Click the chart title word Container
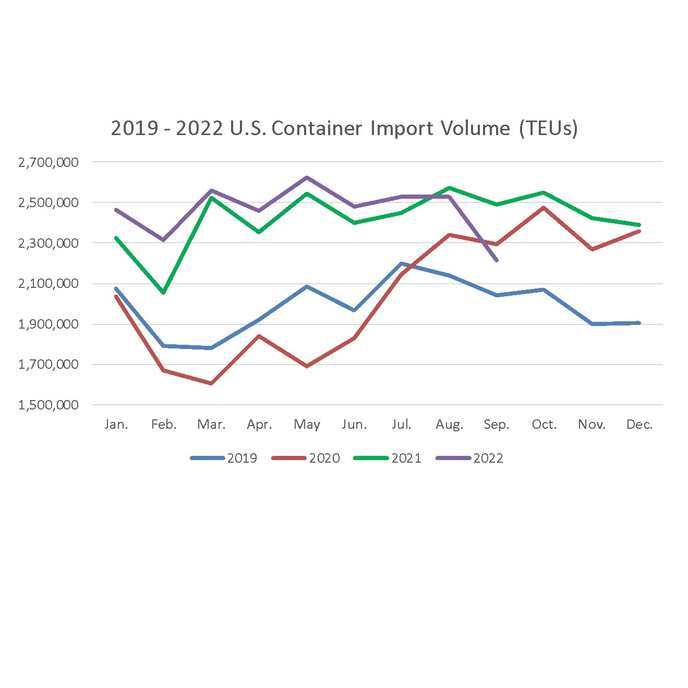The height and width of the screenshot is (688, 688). point(316,128)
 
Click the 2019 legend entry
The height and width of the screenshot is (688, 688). point(224,458)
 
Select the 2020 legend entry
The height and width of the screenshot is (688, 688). point(306,458)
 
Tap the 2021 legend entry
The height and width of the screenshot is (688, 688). point(388,458)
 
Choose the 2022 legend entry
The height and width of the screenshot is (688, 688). point(470,458)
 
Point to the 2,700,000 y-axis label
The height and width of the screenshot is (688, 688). point(49,162)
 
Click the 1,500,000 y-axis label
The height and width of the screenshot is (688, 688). point(49,405)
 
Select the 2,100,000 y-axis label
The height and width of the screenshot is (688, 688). point(49,284)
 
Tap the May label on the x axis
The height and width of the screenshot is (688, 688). point(307,425)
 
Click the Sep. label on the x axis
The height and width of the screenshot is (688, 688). point(496,425)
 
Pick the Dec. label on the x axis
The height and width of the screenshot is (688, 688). point(639,425)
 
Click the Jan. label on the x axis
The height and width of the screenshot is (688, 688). point(116,425)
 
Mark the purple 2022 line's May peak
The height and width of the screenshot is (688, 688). point(307,177)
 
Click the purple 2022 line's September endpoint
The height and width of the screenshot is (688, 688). point(497,260)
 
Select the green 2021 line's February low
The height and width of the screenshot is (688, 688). point(164,293)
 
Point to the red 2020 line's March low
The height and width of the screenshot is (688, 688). point(211,383)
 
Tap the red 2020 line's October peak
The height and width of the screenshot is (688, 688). point(544,208)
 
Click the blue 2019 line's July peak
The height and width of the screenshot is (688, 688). point(402,263)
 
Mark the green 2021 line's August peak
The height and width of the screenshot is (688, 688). point(449,188)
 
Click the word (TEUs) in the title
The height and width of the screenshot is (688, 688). point(548,128)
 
